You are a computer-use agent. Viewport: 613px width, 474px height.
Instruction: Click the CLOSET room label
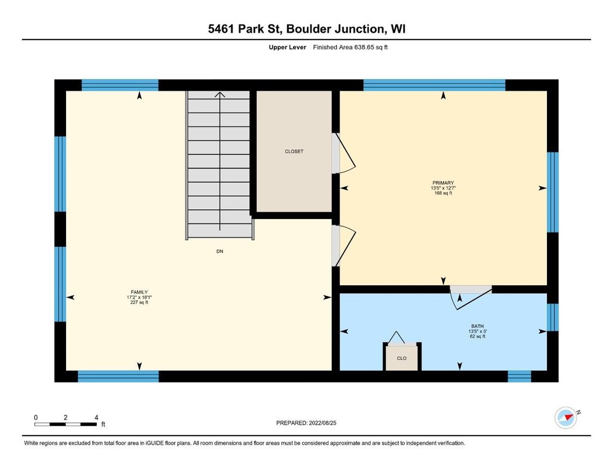pos(294,151)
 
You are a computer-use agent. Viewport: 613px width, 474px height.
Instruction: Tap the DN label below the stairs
pos(220,251)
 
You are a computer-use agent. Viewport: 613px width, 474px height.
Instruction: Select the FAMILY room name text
pos(139,292)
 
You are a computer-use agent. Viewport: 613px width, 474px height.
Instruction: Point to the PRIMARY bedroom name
pos(443,183)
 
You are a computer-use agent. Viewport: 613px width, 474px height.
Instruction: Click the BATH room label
pos(477,326)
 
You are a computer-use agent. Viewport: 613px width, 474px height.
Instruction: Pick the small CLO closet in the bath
pos(402,357)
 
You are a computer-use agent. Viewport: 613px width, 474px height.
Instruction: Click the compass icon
pos(566,418)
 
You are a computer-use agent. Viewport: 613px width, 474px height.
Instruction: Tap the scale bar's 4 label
pos(96,417)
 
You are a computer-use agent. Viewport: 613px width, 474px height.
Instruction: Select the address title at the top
pos(306,29)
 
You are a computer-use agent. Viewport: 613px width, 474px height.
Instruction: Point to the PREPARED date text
pos(306,423)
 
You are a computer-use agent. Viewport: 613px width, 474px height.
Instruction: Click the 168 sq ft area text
pos(443,193)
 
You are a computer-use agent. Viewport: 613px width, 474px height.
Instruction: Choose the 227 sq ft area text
pos(139,302)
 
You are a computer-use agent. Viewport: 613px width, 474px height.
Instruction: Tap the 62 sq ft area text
pos(477,336)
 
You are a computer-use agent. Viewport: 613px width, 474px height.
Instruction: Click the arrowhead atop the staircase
pos(220,94)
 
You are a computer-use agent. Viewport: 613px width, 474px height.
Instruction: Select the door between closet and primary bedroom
pos(344,153)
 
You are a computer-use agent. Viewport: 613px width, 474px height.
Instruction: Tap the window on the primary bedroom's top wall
pos(434,85)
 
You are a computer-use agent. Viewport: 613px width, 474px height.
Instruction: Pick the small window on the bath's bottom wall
pos(519,376)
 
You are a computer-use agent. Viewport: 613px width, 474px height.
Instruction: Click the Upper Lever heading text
pos(287,48)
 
